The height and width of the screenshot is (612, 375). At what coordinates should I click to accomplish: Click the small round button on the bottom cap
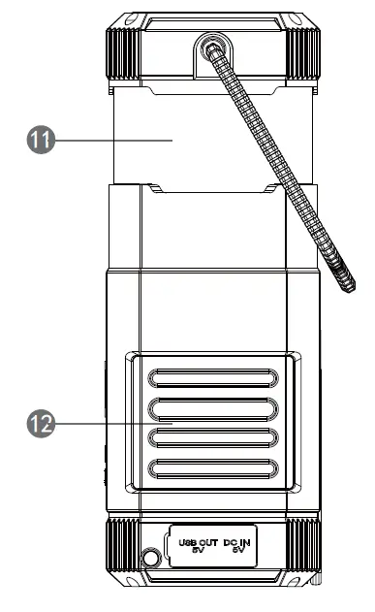click(x=150, y=558)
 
